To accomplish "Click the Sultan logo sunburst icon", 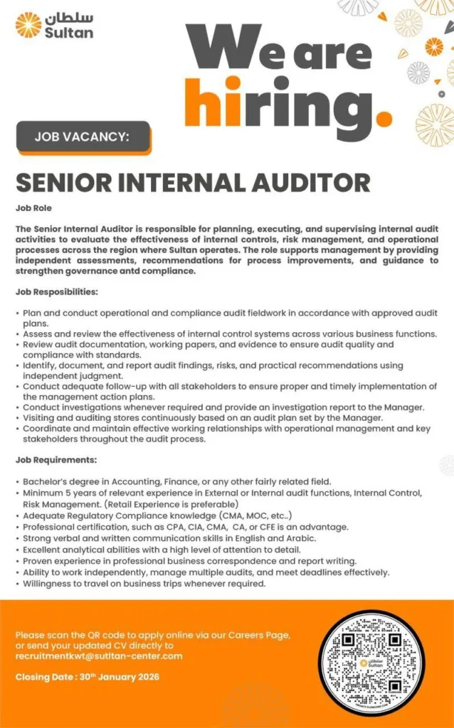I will tap(28, 25).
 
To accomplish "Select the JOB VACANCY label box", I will tap(83, 136).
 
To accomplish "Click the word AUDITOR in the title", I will tap(311, 182).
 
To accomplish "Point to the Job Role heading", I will tap(33, 208).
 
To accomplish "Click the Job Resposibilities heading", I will tap(56, 292).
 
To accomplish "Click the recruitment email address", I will tap(99, 656).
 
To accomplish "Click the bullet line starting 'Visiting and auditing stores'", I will tap(202, 418).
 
